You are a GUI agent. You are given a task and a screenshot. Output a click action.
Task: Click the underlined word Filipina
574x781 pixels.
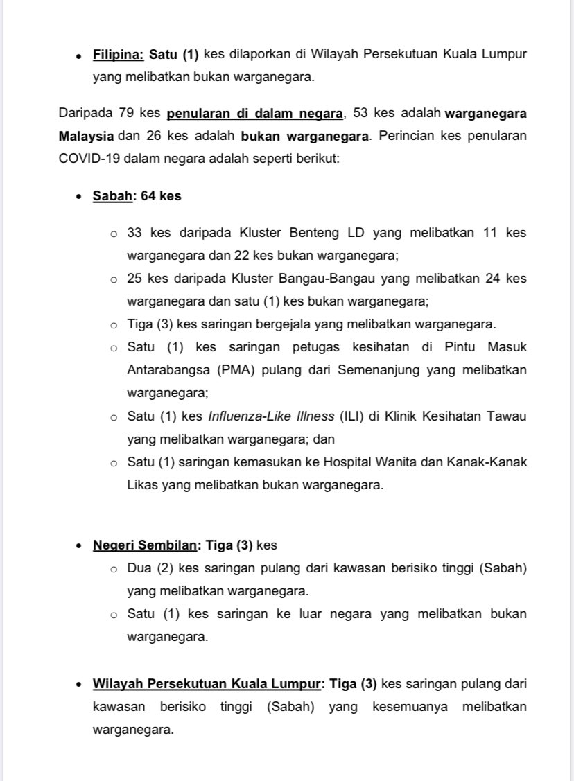pyautogui.click(x=118, y=55)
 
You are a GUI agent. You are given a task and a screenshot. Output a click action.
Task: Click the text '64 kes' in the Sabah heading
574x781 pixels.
pyautogui.click(x=161, y=196)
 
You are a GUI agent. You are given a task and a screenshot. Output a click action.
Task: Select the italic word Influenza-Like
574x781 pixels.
pyautogui.click(x=247, y=416)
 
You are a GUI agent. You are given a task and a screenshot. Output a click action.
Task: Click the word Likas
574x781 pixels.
pyautogui.click(x=142, y=485)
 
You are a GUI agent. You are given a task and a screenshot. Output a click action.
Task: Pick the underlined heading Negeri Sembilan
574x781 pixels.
pyautogui.click(x=145, y=545)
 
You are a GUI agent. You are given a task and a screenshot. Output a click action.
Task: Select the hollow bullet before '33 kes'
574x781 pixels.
pyautogui.click(x=114, y=234)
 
